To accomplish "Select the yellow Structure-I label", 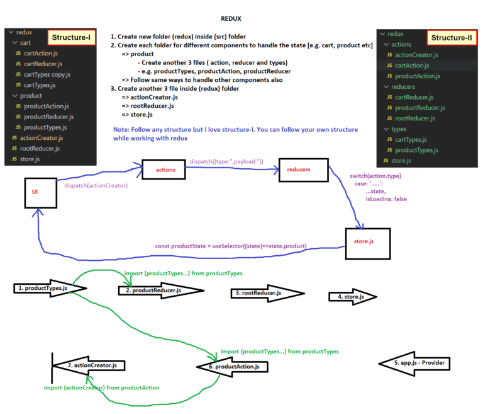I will click(72, 38).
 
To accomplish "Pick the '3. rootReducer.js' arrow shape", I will click(259, 293).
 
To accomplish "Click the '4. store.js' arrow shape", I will click(350, 296).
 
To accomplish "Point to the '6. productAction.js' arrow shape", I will click(235, 367).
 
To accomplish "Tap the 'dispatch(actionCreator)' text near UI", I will click(96, 186).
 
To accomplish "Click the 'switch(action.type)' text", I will click(375, 175).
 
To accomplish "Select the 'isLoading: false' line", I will click(386, 199).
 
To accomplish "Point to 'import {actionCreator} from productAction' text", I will click(101, 388).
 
